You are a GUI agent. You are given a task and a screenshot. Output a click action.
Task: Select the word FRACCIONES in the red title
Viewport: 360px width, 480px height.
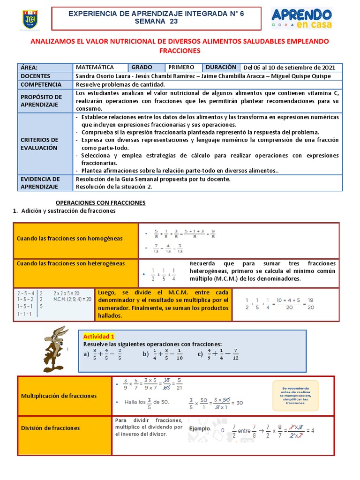180,51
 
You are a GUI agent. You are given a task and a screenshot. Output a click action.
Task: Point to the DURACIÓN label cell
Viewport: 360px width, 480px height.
221,67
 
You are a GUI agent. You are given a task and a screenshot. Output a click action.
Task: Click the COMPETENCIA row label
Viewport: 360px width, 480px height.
41,84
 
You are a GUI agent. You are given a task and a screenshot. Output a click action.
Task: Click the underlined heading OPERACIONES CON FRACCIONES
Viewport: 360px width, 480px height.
101,202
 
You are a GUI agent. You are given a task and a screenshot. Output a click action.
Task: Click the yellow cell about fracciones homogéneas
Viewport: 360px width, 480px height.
76,239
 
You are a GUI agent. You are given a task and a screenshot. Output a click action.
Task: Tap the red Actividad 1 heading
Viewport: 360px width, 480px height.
98,337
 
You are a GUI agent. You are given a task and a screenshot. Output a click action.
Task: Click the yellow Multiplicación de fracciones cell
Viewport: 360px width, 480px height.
64,396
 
